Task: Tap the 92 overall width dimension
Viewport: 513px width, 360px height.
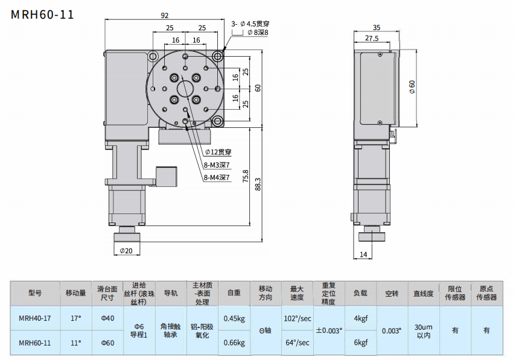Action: pyautogui.click(x=165, y=16)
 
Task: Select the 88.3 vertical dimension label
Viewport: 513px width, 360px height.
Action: pyautogui.click(x=258, y=183)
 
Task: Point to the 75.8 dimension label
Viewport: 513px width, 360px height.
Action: pyautogui.click(x=245, y=175)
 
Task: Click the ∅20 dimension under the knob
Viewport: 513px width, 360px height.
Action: pyautogui.click(x=126, y=250)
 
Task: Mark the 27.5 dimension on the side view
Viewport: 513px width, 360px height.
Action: pyautogui.click(x=372, y=39)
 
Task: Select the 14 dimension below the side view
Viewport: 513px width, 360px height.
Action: pyautogui.click(x=363, y=254)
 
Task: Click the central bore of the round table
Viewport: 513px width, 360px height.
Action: pyautogui.click(x=185, y=88)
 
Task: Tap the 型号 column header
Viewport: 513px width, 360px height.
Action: pyautogui.click(x=34, y=293)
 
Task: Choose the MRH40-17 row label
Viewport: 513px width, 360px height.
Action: pyautogui.click(x=34, y=318)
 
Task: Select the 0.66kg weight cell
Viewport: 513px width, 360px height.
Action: pyautogui.click(x=234, y=343)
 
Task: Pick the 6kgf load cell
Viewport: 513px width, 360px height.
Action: pyautogui.click(x=360, y=343)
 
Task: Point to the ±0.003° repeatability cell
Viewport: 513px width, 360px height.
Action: pyautogui.click(x=329, y=330)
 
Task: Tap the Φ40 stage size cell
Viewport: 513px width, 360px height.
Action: pyautogui.click(x=107, y=318)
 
